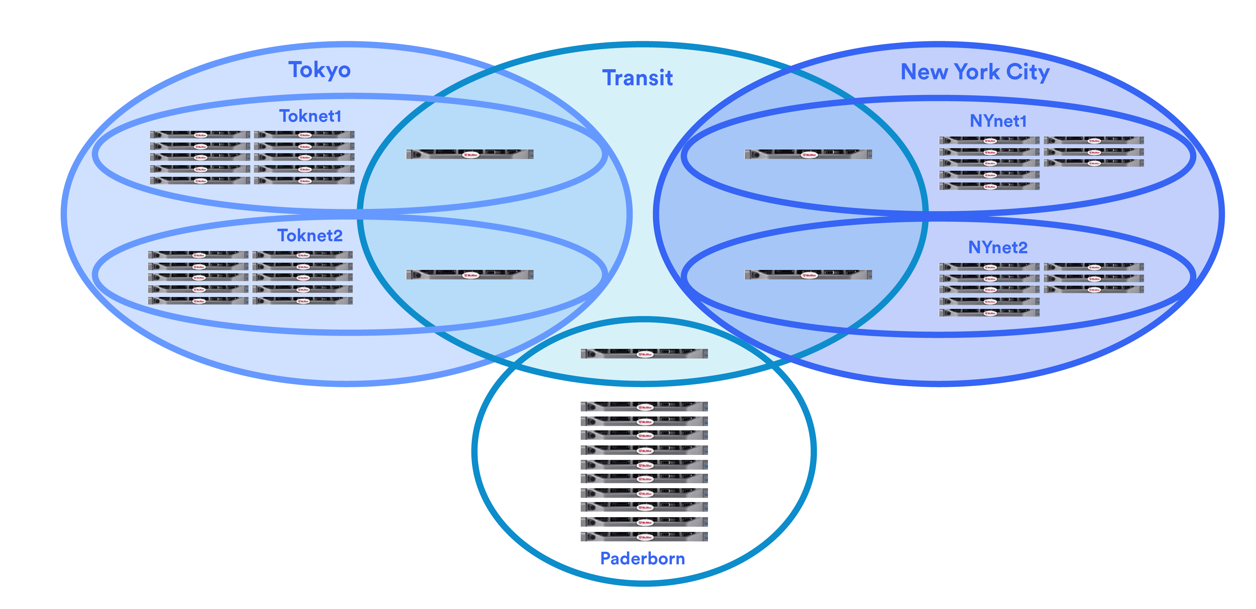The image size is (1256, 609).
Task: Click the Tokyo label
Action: point(319,70)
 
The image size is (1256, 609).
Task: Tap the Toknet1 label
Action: point(310,116)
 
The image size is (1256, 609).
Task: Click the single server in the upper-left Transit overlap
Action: point(469,154)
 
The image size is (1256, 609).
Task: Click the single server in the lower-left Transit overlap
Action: point(469,275)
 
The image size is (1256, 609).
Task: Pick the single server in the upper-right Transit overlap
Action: point(808,154)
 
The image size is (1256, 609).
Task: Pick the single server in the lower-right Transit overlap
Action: point(808,275)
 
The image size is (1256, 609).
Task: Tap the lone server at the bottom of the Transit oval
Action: point(644,354)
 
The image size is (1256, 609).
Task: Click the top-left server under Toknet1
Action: point(200,135)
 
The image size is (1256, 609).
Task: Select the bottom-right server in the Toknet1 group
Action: point(304,181)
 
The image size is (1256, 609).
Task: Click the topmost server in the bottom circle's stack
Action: point(644,407)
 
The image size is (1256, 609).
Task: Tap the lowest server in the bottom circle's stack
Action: point(644,536)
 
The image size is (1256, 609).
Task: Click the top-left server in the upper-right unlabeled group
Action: point(989,141)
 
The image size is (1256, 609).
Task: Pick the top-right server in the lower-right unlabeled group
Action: point(1093,267)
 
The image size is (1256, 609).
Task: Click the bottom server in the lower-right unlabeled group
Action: point(989,313)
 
